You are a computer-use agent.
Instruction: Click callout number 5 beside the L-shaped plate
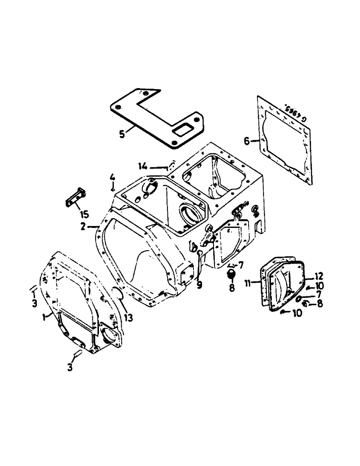[x=122, y=133]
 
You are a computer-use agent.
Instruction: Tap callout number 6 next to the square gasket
[x=247, y=140]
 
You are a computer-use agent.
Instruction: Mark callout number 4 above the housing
[x=112, y=177]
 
